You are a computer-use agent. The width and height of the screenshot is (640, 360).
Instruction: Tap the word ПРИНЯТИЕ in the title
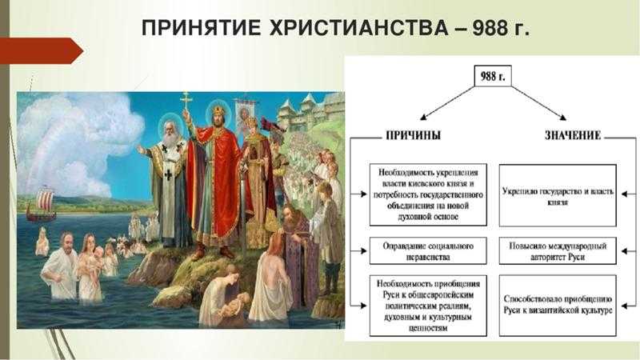coord(201,28)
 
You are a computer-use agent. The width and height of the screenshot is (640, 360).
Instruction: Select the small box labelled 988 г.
coord(493,76)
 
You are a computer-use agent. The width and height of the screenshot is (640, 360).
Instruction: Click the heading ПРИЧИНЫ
coord(413,135)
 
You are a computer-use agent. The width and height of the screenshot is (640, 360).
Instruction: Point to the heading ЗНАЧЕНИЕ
coord(573,135)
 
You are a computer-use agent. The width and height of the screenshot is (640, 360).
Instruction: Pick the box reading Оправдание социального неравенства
coord(428,251)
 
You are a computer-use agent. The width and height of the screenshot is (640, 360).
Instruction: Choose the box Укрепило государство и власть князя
coord(558,195)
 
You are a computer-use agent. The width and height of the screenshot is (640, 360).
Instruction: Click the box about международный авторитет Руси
coord(558,251)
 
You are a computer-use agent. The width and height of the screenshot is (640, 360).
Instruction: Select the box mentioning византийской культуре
coord(558,306)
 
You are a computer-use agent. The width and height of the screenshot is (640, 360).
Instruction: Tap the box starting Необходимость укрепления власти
coord(428,194)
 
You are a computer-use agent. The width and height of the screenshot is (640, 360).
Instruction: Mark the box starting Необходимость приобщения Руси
coord(428,306)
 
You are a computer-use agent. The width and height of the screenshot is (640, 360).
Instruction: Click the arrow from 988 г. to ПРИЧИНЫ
coord(448,103)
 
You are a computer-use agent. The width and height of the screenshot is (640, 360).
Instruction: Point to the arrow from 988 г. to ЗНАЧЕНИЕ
coord(538,103)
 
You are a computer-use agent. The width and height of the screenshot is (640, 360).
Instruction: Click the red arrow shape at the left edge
coord(41,50)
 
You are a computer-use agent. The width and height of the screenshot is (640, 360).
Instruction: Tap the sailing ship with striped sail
coord(42,204)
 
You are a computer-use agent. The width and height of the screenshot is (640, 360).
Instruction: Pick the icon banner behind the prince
coord(244,115)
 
